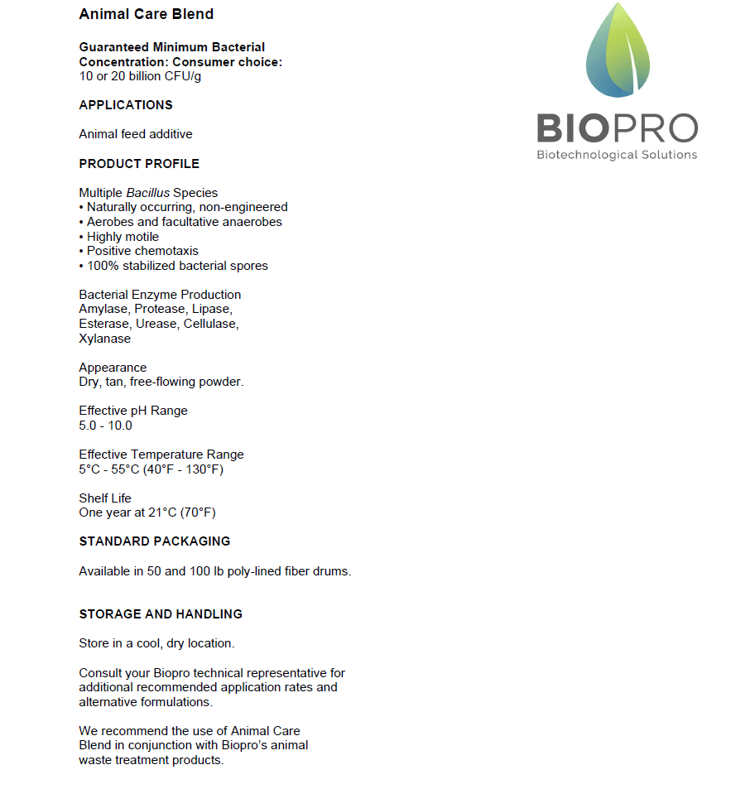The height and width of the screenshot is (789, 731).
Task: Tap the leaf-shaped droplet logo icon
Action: point(618,51)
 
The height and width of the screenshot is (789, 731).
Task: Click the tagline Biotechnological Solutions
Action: point(617,155)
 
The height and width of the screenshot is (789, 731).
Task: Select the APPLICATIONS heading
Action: point(126,105)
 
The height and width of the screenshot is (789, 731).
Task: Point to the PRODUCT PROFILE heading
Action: point(139,164)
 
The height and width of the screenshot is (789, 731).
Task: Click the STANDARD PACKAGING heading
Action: point(155,541)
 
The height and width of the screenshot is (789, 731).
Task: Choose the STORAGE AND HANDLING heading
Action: point(161,614)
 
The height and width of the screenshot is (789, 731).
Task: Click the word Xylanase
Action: point(105,339)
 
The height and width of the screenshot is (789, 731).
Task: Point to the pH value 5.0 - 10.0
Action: point(105,426)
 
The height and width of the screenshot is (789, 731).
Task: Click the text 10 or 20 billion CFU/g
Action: point(140,76)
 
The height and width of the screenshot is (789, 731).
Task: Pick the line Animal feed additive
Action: point(136,134)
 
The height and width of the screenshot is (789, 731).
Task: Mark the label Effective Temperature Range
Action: point(161,455)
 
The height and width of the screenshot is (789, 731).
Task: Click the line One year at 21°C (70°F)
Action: point(147,512)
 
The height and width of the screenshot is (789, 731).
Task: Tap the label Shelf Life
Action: point(103,498)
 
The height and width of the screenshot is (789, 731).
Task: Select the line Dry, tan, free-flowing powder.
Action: point(161,382)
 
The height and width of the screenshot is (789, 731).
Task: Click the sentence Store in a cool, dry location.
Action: point(156,643)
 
